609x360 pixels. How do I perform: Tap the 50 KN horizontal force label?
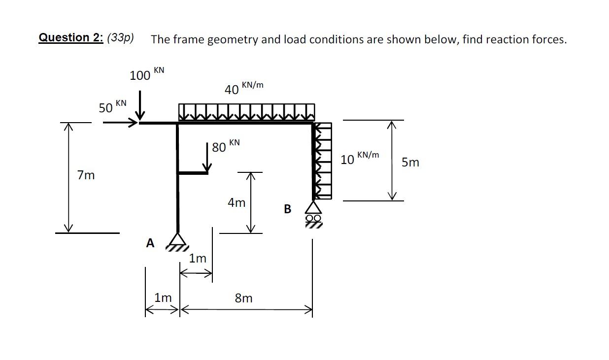point(112,106)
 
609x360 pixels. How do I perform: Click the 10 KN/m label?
point(359,158)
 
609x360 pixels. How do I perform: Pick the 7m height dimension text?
point(86,175)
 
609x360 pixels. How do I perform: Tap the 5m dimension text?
point(410,162)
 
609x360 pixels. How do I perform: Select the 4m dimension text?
point(237,202)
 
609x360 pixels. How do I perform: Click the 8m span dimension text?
point(243,298)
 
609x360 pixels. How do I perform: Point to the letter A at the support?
point(150,243)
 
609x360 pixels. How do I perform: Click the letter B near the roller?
point(288,209)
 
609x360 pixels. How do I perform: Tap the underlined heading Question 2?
point(70,38)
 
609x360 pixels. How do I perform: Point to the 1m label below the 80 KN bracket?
point(198,258)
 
